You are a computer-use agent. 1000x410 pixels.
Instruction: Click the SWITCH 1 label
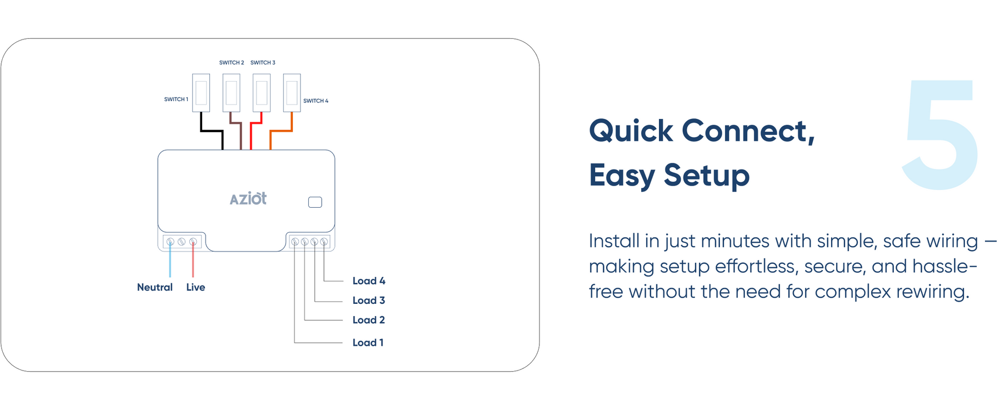click(x=176, y=99)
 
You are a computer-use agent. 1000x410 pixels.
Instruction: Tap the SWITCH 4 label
click(x=316, y=101)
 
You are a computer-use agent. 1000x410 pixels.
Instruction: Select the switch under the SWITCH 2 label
click(x=232, y=93)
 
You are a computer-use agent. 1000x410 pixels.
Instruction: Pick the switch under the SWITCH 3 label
click(x=262, y=93)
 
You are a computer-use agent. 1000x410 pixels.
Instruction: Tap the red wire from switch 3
click(x=256, y=131)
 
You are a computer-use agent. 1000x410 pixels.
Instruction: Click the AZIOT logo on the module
click(x=248, y=198)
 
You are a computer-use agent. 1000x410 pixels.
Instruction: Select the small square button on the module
click(x=315, y=202)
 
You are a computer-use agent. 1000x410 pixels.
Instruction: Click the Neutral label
click(x=155, y=287)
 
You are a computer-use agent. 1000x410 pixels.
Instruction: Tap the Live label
click(x=196, y=287)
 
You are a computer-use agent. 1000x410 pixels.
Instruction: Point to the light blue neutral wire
click(x=170, y=259)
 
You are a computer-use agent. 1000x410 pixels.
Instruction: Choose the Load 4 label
click(x=369, y=281)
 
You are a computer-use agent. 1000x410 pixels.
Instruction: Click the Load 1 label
click(x=368, y=343)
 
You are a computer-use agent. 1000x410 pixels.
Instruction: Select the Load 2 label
click(x=369, y=320)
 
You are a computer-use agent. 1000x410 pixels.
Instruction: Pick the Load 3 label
click(x=369, y=301)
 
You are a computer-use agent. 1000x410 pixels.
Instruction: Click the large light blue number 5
click(x=940, y=134)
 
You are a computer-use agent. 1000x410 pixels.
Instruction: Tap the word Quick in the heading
click(x=631, y=131)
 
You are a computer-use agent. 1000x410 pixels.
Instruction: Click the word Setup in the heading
click(x=707, y=176)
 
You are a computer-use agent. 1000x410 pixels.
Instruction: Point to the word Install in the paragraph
click(x=614, y=241)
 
